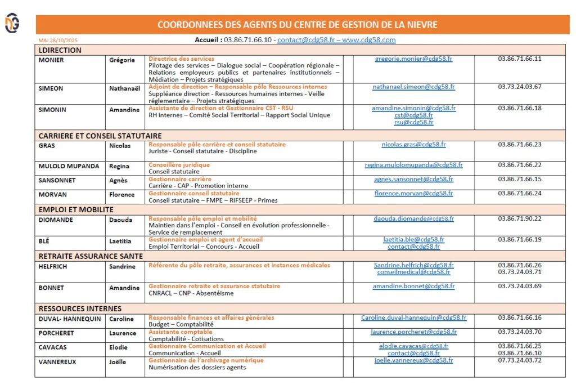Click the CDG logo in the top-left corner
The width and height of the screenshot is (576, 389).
(12, 24)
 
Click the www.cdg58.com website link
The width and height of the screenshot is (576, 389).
(368, 40)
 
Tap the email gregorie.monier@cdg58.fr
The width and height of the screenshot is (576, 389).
(413, 59)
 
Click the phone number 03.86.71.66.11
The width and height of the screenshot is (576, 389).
(519, 59)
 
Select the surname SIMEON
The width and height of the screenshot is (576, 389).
(51, 88)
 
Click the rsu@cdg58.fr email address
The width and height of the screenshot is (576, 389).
(413, 122)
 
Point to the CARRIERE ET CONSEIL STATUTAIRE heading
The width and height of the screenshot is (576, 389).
(100, 136)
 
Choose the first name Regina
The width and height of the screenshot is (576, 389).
(119, 166)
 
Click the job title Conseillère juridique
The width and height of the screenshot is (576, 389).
(179, 165)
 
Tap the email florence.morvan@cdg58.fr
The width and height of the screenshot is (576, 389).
(413, 193)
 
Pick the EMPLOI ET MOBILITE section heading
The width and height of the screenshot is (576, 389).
(76, 209)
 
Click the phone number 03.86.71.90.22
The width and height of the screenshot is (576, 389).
(519, 218)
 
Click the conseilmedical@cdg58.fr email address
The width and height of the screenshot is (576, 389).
(413, 272)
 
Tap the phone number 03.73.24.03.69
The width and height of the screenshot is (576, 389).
(519, 286)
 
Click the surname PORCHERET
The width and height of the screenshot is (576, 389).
(56, 333)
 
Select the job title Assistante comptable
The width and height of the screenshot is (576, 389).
(180, 332)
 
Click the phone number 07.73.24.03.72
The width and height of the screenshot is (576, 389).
(519, 360)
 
